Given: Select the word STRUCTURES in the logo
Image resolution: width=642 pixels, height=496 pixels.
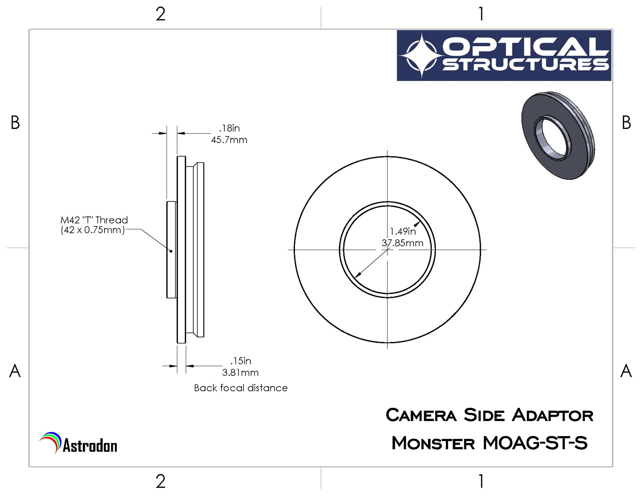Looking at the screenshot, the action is click(x=526, y=65).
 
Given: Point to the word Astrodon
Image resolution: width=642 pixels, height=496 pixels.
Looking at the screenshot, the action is click(x=90, y=446).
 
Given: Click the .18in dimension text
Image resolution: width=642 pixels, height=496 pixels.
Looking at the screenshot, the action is click(x=229, y=128).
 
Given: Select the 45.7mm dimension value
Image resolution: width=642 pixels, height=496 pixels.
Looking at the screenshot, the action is click(x=229, y=140).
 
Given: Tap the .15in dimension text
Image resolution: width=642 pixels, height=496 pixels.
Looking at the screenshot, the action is click(x=241, y=361).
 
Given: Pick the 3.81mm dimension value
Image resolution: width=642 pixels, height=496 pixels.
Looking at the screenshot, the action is click(x=240, y=373).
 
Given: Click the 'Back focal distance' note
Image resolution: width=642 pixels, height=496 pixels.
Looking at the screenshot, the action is click(x=241, y=388).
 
